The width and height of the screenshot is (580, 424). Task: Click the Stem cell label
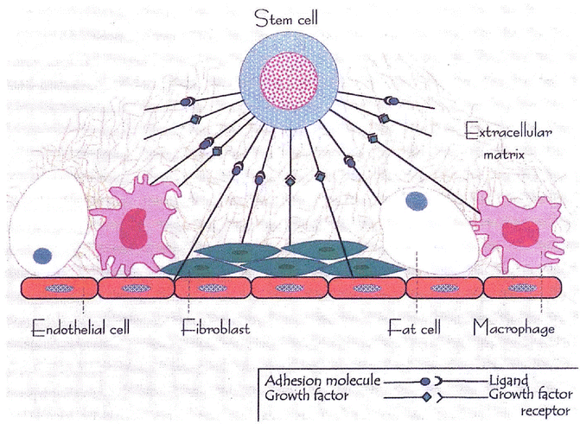pos(284,18)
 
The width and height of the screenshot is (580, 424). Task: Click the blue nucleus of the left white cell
pos(41,256)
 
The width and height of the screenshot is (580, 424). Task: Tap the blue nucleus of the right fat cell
pos(415,202)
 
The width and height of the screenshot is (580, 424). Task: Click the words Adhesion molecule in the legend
pos(318,380)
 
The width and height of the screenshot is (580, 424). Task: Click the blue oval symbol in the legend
pos(425,380)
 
